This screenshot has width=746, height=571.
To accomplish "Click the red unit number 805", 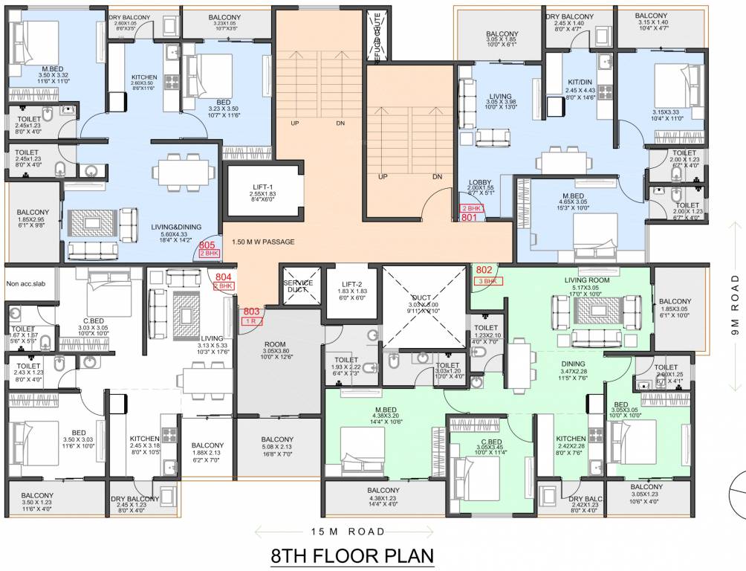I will pos(207,245).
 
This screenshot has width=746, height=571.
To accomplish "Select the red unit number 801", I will pos(469,218).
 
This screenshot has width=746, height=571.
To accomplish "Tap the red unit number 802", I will pos(484,270).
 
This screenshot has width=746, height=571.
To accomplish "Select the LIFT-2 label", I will pos(353,284).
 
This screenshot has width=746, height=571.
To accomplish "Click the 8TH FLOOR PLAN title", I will pos(351,556).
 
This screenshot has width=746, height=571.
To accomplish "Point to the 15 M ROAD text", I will pos(348,531).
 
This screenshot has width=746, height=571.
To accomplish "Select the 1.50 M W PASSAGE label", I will pos(263,242).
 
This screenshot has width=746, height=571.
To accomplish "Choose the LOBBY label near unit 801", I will pos(480,181).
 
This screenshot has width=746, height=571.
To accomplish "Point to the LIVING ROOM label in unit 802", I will pos(586,280).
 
